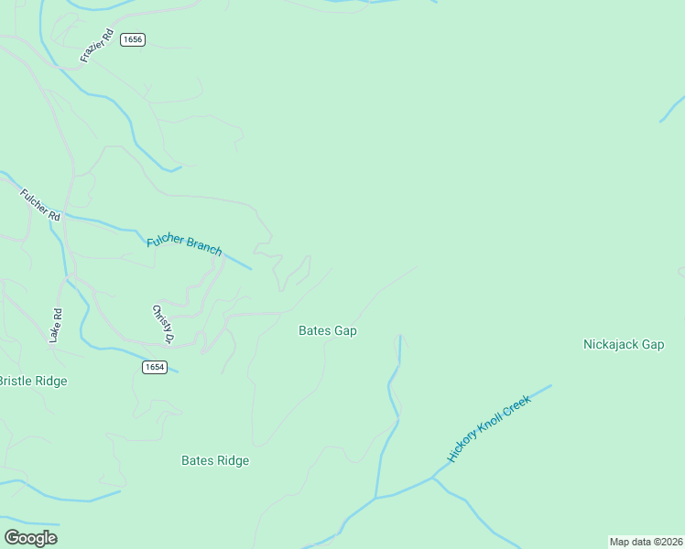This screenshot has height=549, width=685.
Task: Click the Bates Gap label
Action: (328, 330)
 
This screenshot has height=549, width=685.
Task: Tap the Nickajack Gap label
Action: (624, 345)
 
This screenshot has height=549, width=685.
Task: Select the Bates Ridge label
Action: (215, 461)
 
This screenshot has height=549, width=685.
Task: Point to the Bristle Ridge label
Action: (33, 381)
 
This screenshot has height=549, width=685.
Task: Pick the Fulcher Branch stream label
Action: (184, 243)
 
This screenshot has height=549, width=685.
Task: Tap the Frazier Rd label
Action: (96, 46)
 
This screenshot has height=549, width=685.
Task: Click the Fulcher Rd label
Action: (40, 205)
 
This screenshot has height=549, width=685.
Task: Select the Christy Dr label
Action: (163, 324)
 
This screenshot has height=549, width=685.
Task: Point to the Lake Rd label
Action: (57, 326)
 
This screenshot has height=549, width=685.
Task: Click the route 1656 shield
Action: (133, 39)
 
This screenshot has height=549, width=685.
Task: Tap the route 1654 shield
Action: (155, 367)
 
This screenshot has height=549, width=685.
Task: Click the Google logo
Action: (31, 538)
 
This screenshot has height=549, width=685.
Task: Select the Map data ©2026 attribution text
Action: (647, 542)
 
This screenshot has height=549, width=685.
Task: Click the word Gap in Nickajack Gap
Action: (652, 345)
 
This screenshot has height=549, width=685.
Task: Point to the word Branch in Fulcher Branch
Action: (204, 247)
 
